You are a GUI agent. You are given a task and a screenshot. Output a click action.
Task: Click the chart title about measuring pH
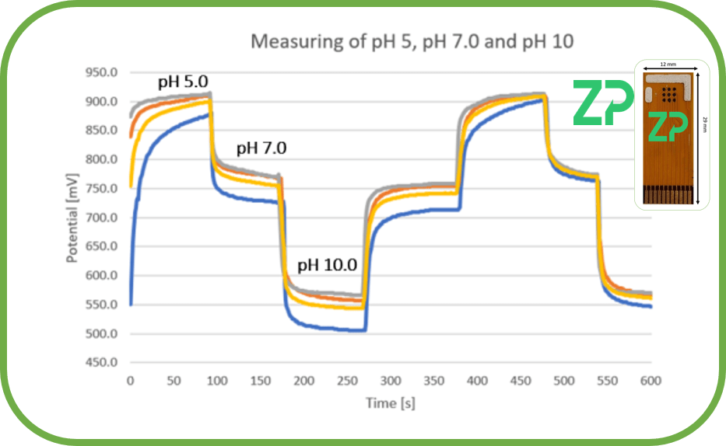[412, 42]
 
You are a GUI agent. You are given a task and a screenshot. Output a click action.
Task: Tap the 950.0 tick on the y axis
[101, 72]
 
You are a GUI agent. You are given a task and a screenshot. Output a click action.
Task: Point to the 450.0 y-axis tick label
[101, 362]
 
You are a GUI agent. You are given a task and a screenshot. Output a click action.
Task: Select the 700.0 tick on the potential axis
[101, 218]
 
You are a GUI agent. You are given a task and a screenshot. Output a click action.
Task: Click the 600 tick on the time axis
[651, 381]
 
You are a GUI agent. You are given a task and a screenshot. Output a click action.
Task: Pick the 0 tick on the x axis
[131, 381]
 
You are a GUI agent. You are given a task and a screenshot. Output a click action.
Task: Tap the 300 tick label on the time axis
[391, 381]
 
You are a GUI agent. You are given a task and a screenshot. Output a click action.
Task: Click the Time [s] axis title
[391, 403]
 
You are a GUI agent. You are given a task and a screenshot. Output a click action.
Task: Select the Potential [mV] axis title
[72, 218]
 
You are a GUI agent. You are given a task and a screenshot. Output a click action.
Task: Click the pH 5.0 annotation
[184, 82]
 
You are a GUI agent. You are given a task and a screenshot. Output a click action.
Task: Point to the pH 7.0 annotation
[261, 148]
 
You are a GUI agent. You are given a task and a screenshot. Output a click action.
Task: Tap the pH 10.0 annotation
[328, 265]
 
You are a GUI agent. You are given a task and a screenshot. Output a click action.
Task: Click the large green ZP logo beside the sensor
[603, 103]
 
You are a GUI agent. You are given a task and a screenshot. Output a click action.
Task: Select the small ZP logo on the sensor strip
[668, 126]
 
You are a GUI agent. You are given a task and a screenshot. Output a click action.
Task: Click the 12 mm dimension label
[668, 64]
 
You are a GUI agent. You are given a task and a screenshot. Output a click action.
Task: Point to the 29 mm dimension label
[705, 125]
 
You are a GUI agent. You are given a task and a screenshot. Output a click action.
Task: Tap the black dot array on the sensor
[669, 94]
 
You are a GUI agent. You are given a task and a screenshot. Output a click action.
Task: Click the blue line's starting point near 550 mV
[131, 305]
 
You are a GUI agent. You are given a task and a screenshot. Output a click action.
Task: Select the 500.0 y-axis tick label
[101, 333]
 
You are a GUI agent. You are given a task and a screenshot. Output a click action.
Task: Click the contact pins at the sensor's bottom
[668, 194]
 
